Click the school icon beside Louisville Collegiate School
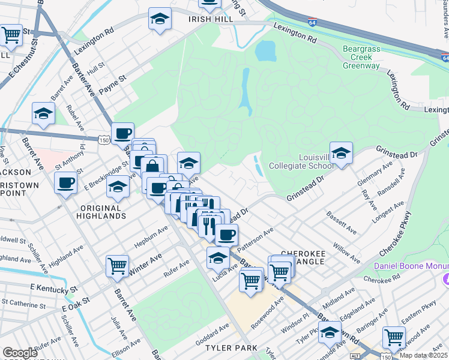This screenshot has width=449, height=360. (341, 153)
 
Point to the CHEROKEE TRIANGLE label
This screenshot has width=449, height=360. (303, 259)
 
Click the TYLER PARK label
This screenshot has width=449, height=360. (231, 348)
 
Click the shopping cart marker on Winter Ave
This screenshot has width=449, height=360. (117, 265)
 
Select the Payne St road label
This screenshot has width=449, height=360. (113, 79)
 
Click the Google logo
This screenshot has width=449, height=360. (20, 353)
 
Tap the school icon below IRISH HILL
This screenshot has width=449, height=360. (160, 20)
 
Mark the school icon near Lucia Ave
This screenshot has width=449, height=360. (217, 259)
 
